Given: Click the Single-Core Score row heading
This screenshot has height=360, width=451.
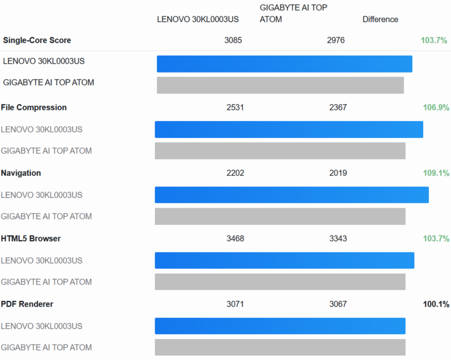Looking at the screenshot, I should tap(37, 40).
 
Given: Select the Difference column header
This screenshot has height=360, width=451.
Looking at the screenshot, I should tap(380, 19).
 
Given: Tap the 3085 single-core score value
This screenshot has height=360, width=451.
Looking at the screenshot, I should tap(233, 40).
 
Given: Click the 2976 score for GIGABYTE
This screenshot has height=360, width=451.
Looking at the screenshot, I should tap(336, 40).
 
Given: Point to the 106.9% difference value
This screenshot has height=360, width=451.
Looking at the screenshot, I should tap(436, 107).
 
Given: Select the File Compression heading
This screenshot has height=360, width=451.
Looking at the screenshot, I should tap(34, 107).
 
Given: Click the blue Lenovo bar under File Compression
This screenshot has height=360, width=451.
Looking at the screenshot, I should tap(289, 129).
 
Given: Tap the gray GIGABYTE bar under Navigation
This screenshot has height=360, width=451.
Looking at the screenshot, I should tap(280, 216).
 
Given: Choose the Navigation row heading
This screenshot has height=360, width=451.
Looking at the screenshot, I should tap(21, 173).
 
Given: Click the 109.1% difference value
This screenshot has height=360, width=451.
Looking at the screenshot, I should tap(436, 173).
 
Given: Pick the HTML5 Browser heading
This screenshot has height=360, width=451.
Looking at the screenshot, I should tap(31, 238).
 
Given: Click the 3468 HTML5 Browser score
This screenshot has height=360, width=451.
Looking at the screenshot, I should tap(235, 238).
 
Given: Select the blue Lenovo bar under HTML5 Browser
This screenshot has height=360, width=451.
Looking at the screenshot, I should tap(285, 260).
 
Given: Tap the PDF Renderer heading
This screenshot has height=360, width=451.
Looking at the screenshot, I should tap(27, 304).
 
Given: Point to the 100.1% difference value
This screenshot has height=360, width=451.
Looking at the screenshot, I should tap(436, 304).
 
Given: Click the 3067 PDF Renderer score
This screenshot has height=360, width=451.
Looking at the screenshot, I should tap(338, 304).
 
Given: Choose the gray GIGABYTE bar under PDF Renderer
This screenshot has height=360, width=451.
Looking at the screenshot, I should tap(280, 347).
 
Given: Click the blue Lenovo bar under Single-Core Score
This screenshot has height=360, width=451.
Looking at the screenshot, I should tap(285, 64).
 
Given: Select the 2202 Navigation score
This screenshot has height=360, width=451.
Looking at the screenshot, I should tap(235, 173).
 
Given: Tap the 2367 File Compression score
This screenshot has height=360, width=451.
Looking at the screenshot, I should tap(338, 107).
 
